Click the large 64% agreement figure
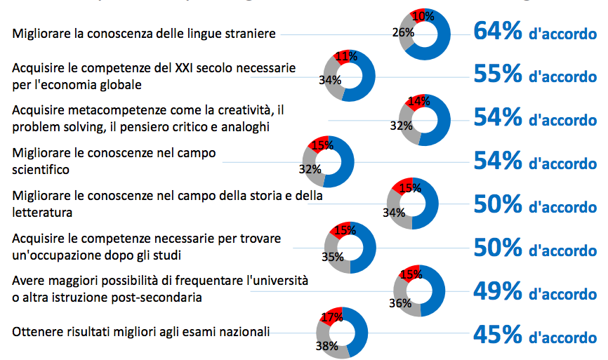click(498, 32)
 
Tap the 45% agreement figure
click(498, 335)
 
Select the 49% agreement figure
click(498, 291)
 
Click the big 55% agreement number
click(498, 74)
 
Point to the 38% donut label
click(326, 346)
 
